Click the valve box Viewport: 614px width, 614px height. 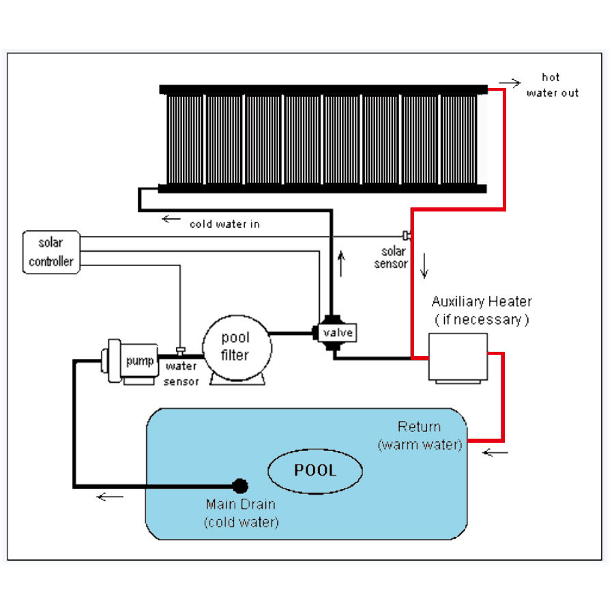(337, 333)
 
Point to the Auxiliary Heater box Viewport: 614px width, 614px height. (457, 355)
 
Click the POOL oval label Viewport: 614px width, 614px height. (315, 470)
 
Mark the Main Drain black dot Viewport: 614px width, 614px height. (240, 486)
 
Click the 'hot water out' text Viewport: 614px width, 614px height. (551, 85)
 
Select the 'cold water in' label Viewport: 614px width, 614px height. (224, 223)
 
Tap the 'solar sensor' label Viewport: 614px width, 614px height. (392, 258)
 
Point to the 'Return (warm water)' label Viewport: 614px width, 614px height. (420, 436)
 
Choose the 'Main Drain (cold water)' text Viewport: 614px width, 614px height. (242, 514)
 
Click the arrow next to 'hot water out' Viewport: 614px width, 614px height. (510, 83)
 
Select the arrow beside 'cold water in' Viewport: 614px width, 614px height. (171, 220)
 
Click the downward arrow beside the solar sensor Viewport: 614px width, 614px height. (424, 265)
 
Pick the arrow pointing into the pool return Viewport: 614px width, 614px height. (495, 452)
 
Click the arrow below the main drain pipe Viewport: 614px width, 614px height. (110, 497)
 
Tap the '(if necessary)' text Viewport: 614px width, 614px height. (482, 319)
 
